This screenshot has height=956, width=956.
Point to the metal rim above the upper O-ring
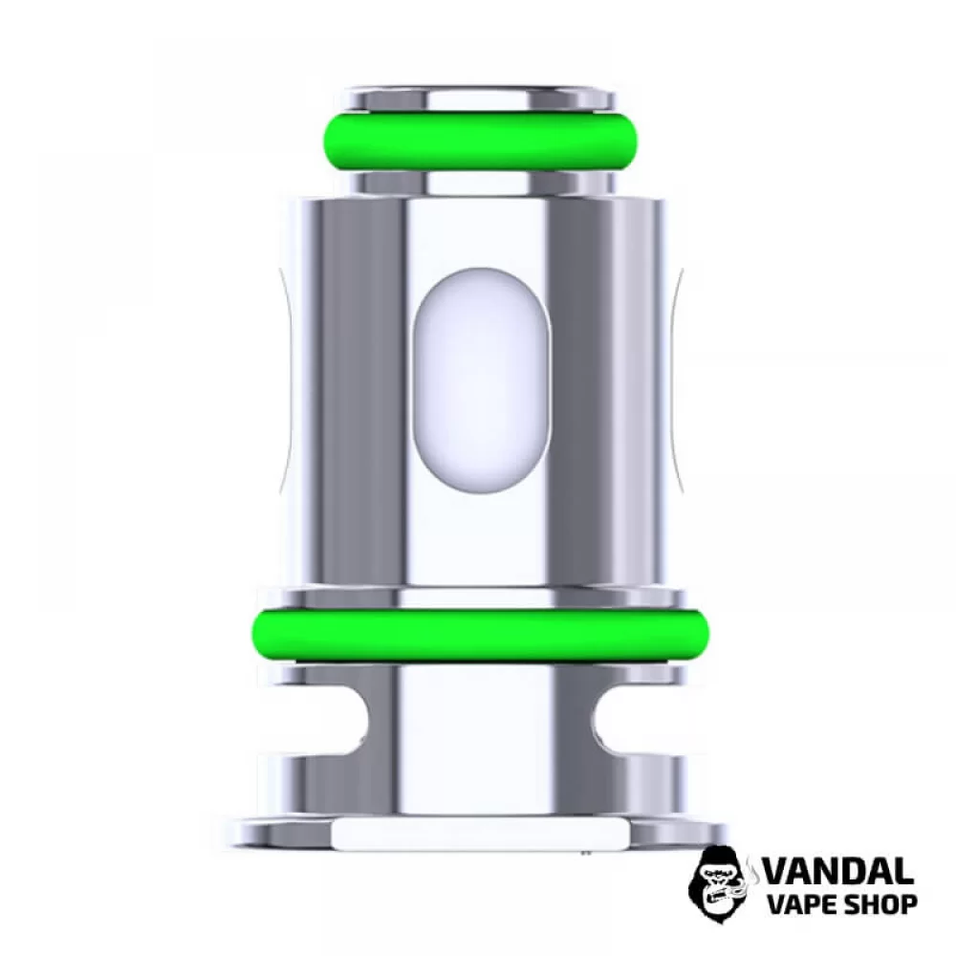(x=475, y=98)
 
